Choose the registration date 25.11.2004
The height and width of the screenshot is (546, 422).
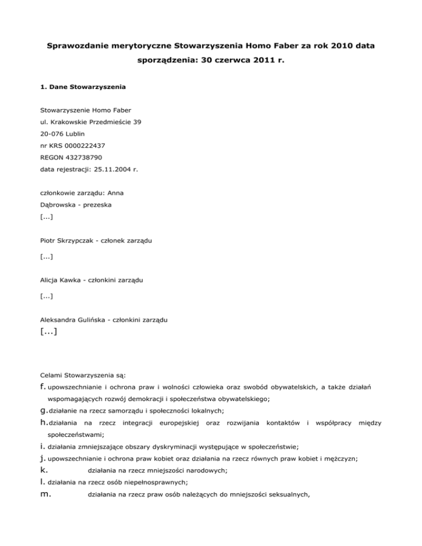click(107, 170)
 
